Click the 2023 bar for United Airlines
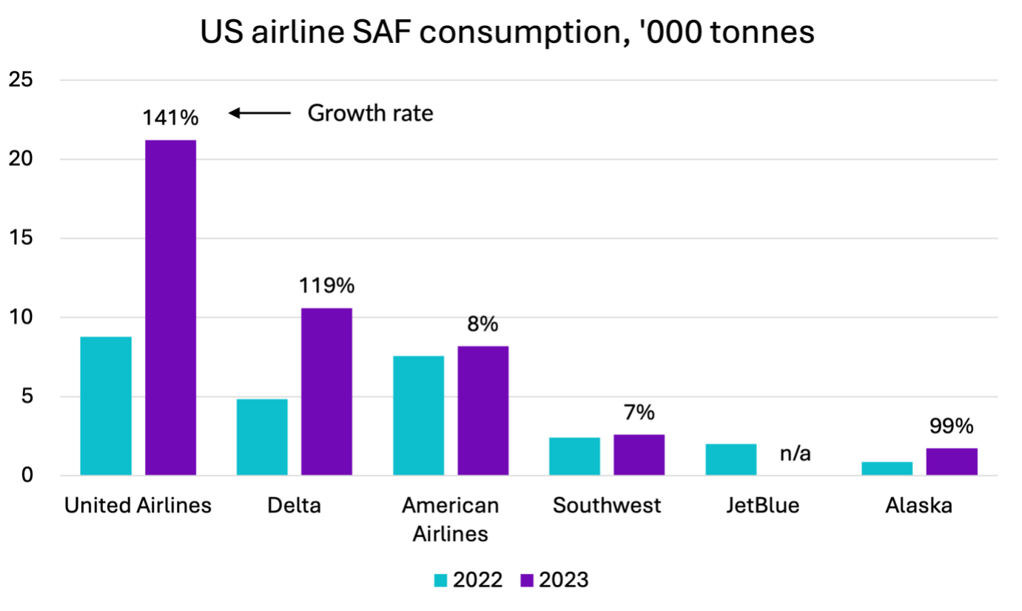coord(170,307)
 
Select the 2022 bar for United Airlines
coord(106,406)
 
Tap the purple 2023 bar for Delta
coord(326,391)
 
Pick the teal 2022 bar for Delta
coord(262,437)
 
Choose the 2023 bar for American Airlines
coord(483,410)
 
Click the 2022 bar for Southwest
coord(574,456)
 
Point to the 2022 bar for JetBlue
coord(731,459)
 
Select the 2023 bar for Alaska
coord(952,461)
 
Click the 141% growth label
coord(171,118)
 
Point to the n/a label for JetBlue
coord(796,454)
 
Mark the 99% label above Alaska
coord(952,427)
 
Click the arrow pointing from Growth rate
coord(260,113)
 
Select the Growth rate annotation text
coord(370,113)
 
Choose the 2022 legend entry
coord(468,580)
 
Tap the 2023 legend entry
coord(555,580)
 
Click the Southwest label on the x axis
coord(607,506)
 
